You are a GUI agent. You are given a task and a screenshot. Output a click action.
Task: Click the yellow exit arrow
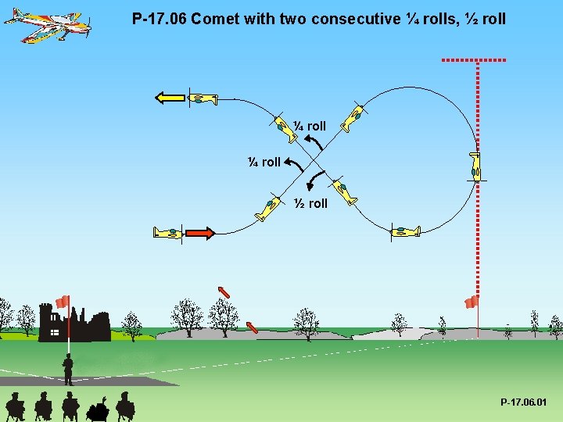coord(169,98)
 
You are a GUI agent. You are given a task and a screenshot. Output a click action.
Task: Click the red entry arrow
coord(199,232)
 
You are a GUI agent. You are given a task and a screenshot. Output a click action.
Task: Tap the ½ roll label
coord(310,203)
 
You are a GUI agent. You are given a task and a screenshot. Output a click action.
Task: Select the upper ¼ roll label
coord(310,126)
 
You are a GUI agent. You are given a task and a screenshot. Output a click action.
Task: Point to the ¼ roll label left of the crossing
coord(264,162)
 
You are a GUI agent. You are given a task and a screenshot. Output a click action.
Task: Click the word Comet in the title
coord(213,18)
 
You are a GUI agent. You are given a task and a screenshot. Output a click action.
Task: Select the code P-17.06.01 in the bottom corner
coord(524,402)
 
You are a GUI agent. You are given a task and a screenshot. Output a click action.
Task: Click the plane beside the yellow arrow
coord(203,98)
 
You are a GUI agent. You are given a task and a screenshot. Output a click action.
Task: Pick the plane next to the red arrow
coord(167,232)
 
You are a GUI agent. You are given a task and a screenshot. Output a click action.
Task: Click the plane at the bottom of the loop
coord(405,231)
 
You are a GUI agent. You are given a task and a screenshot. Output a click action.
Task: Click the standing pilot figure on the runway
coord(68,370)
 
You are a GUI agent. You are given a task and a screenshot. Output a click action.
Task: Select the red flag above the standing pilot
coord(63,302)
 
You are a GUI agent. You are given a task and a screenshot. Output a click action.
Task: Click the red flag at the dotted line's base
coord(472,302)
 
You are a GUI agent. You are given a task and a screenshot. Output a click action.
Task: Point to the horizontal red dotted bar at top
coord(474,59)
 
